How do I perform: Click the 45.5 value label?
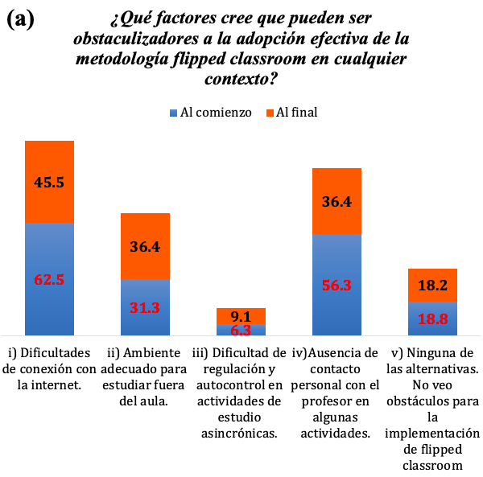pyautogui.click(x=49, y=183)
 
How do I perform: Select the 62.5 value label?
pyautogui.click(x=49, y=281)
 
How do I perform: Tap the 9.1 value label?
pyautogui.click(x=242, y=316)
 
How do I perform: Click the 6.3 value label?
pyautogui.click(x=242, y=329)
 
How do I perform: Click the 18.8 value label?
pyautogui.click(x=432, y=318)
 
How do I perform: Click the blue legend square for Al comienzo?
pyautogui.click(x=173, y=113)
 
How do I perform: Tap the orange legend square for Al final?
pyautogui.click(x=270, y=113)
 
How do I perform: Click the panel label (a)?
pyautogui.click(x=20, y=19)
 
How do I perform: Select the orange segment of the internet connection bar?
pyautogui.click(x=49, y=161)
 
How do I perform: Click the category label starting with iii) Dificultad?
pyautogui.click(x=242, y=393)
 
